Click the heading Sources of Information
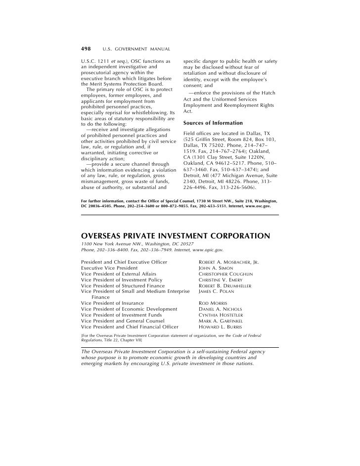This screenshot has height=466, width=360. pos(213,123)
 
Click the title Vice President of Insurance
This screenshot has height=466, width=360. pos(112,303)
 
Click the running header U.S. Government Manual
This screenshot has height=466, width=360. pos(136,50)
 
